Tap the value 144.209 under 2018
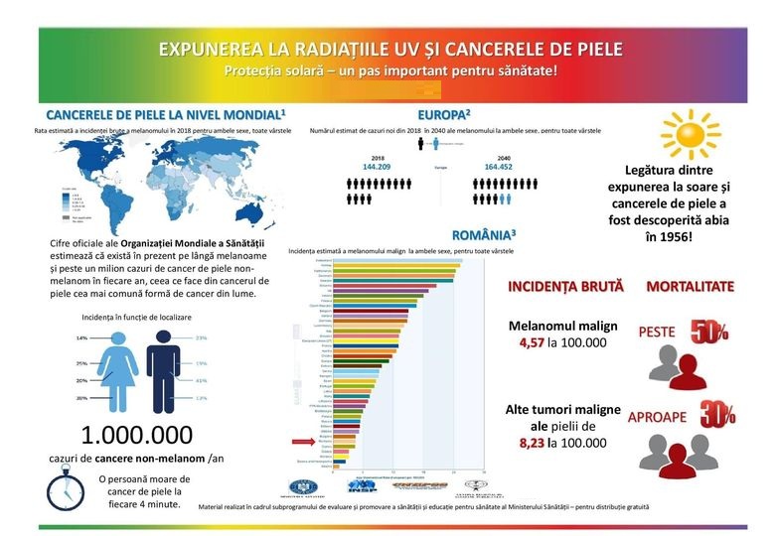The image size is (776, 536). tap(379, 167)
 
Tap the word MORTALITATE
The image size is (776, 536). tap(691, 287)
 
